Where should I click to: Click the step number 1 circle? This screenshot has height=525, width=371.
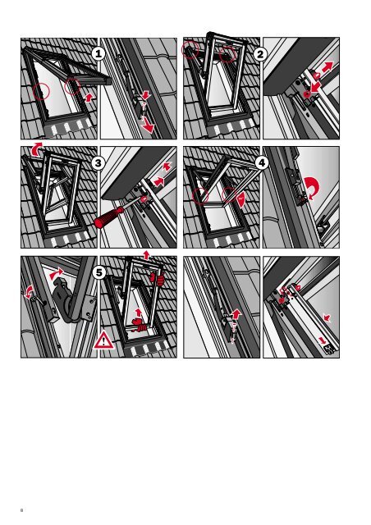point(98,53)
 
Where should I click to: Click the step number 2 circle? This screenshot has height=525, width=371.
point(260,54)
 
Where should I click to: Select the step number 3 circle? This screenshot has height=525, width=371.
point(98,163)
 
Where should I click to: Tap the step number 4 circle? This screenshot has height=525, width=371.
point(261,163)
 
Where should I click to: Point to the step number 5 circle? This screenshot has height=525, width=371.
point(98,272)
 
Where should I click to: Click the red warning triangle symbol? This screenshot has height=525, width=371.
point(104,340)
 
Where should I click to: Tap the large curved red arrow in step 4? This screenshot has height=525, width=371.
point(313,188)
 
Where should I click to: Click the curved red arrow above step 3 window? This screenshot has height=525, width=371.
point(37,148)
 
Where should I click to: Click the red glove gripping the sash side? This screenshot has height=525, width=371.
point(158,279)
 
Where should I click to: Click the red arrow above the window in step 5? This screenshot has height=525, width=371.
point(146,253)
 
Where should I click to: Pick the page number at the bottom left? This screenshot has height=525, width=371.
point(22,510)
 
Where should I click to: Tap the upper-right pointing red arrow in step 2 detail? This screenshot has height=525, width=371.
point(327,67)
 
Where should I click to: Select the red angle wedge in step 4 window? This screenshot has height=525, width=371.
point(241,199)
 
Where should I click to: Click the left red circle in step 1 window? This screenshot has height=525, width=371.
point(41,91)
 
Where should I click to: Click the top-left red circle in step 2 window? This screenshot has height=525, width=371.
point(190,50)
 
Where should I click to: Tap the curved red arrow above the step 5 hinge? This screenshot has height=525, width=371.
point(57,273)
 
